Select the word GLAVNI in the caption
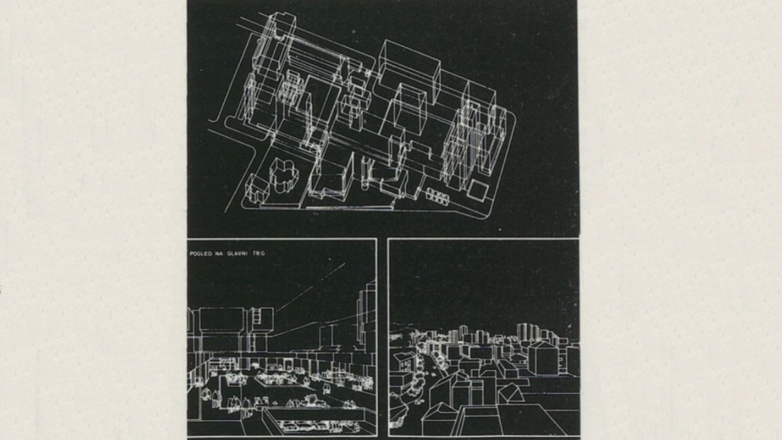tap(242, 254)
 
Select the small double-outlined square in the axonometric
tap(476, 190)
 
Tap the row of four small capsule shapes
tap(438, 196)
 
